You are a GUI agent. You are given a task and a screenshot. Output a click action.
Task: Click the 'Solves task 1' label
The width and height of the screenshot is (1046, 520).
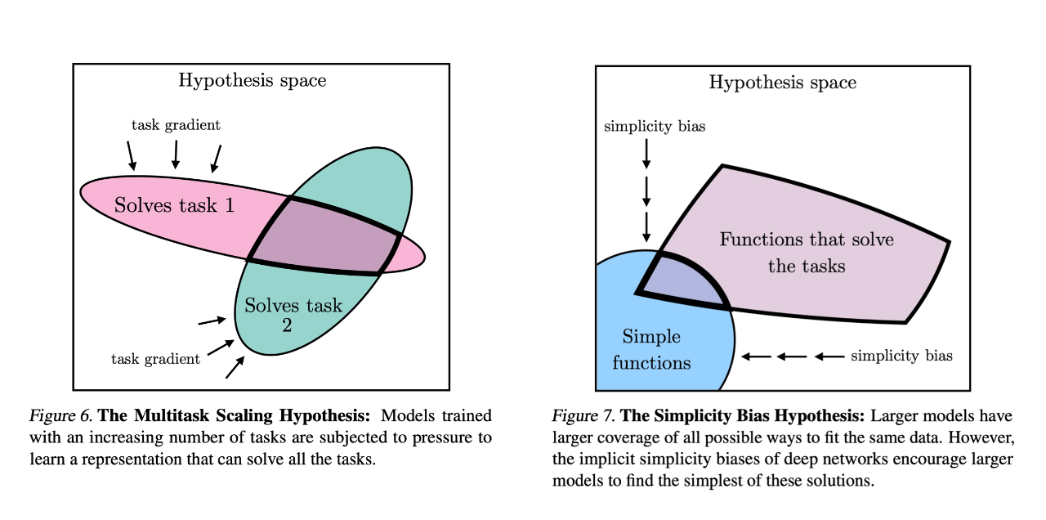(175, 205)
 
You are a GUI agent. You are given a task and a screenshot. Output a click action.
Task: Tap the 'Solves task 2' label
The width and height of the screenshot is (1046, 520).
(293, 316)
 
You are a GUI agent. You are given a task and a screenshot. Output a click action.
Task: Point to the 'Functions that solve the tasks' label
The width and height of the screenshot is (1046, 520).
(806, 253)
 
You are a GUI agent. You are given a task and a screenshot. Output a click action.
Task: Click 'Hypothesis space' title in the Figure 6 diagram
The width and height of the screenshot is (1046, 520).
(252, 80)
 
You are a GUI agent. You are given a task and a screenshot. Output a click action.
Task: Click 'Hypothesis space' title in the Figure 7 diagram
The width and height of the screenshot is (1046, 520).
(782, 83)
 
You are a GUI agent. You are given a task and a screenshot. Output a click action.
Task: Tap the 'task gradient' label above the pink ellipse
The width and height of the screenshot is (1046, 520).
(176, 125)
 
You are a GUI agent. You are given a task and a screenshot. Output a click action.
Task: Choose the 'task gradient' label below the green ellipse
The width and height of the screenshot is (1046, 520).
(155, 359)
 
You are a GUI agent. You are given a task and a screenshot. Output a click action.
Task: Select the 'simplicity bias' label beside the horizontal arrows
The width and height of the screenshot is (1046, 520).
(901, 356)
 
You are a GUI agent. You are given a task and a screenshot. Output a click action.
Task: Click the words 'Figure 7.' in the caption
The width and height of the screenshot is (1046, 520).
(579, 415)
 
